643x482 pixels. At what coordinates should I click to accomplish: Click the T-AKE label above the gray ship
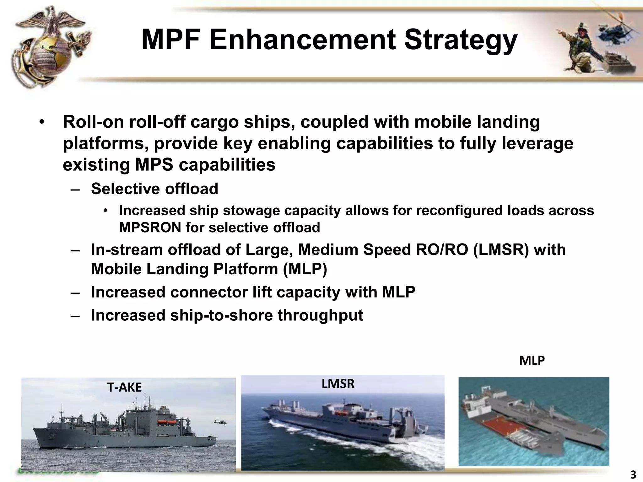(124, 388)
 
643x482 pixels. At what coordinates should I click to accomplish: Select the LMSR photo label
(338, 384)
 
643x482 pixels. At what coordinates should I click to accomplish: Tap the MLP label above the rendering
(532, 361)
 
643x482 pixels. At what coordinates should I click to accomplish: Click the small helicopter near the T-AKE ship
(217, 421)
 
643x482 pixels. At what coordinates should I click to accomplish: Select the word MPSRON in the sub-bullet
(150, 228)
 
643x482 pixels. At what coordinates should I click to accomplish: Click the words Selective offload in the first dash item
(154, 189)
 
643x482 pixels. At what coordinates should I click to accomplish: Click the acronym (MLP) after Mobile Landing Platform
(305, 269)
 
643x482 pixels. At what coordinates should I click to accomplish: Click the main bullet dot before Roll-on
(41, 122)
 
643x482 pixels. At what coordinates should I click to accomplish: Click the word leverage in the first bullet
(537, 143)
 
